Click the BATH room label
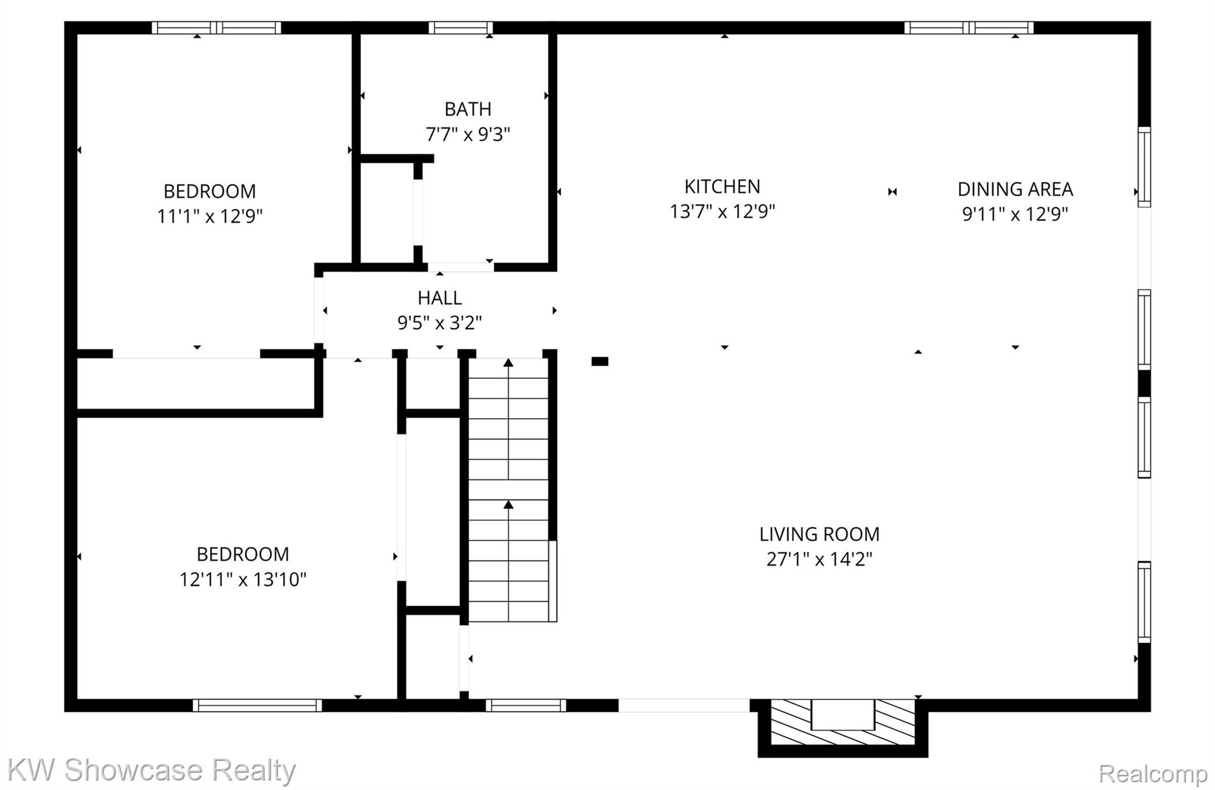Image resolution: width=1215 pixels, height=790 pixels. pos(467,109)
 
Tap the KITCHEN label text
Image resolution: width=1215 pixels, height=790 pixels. pos(722,187)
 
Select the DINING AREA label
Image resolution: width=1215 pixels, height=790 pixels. pos(1015,189)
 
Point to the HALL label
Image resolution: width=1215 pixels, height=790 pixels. pos(440,298)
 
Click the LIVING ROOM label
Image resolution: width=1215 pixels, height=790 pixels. pos(819,534)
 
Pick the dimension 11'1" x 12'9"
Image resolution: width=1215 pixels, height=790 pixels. pos(209,216)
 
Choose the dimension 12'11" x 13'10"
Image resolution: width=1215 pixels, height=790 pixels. pos(243,579)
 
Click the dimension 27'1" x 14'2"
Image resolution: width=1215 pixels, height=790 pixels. pos(819,559)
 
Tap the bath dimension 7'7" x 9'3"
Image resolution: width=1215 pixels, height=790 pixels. pos(467,135)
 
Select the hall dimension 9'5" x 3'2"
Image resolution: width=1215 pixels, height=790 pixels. pos(440,323)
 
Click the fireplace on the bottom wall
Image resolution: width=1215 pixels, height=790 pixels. pos(843,728)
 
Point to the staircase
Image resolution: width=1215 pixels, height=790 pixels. pos(508,490)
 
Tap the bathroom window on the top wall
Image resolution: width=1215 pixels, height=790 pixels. pos(460,28)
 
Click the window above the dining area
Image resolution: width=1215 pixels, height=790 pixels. pos(969,28)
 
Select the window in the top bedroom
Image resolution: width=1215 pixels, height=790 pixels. pos(216,28)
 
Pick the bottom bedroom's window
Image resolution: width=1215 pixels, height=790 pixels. pos(257,705)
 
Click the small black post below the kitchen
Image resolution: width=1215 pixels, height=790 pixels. pos(600,361)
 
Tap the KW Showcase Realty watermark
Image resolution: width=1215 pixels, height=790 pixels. pos(151,770)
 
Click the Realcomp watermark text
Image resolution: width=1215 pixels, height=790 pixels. pos(1153,773)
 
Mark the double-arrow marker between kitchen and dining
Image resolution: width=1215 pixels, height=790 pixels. pos(892,192)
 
